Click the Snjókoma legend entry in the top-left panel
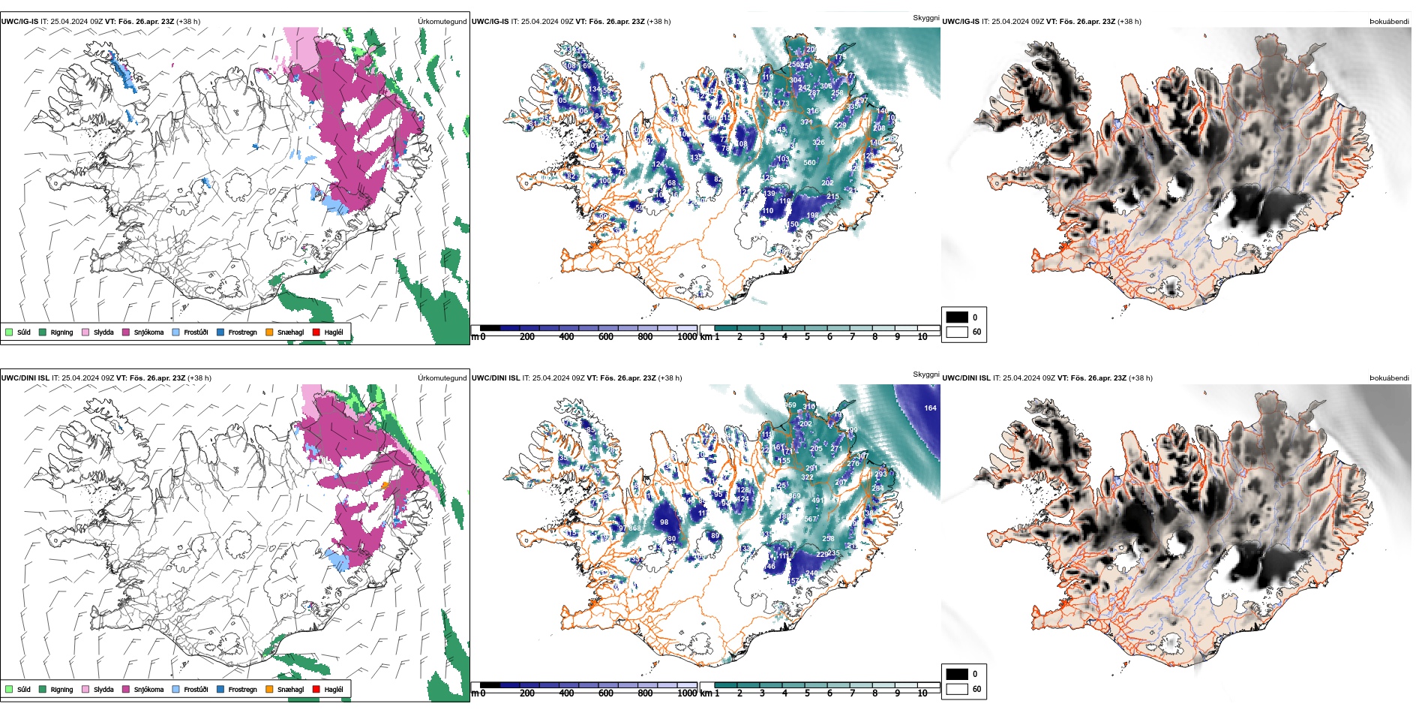coord(148,332)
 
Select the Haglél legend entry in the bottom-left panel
coord(334,689)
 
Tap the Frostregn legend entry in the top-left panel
coord(241,332)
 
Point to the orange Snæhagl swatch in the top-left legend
coord(269,332)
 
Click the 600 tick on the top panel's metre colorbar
coord(606,337)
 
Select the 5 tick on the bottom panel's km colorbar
coord(807,693)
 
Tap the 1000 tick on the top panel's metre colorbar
coord(687,337)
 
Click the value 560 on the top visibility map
coord(809,163)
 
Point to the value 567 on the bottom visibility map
coord(810,519)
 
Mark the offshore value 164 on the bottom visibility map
coord(930,408)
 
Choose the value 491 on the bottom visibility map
coord(817,501)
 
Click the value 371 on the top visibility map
coord(806,122)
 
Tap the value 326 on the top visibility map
coord(818,143)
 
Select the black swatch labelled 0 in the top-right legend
coord(957,317)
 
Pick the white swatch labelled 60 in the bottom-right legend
coord(957,689)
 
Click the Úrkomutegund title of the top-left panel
coord(442,22)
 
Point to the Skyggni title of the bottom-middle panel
coord(925,374)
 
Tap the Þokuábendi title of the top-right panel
coord(1389,22)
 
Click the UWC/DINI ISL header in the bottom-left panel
coord(25,378)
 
